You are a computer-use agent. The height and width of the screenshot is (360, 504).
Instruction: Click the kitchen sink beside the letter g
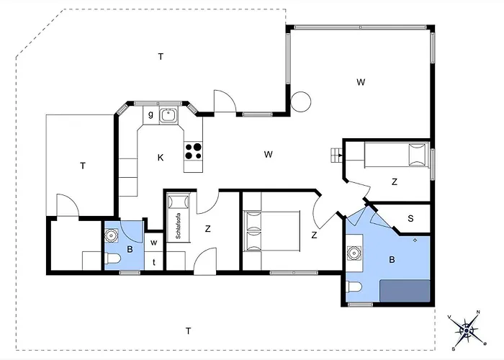tap(169, 114)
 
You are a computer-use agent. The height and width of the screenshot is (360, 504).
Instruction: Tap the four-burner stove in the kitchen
tap(194, 150)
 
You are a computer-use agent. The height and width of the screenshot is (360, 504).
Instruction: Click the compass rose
tap(468, 328)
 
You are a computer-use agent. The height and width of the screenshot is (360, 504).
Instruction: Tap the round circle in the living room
tap(301, 101)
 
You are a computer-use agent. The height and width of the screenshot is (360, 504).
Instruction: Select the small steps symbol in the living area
tap(336, 153)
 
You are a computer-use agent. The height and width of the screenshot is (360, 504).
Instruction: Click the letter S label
tap(410, 218)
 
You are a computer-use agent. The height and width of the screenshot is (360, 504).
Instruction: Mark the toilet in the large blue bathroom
tap(353, 289)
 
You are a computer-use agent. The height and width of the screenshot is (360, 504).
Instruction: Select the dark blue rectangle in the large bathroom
tap(406, 292)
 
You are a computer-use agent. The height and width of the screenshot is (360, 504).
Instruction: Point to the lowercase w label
tap(154, 243)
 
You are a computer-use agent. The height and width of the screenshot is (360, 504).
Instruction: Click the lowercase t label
tap(154, 261)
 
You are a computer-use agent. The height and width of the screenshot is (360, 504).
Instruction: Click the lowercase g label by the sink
tap(150, 114)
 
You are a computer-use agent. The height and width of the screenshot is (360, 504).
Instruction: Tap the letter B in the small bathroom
tap(130, 250)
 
